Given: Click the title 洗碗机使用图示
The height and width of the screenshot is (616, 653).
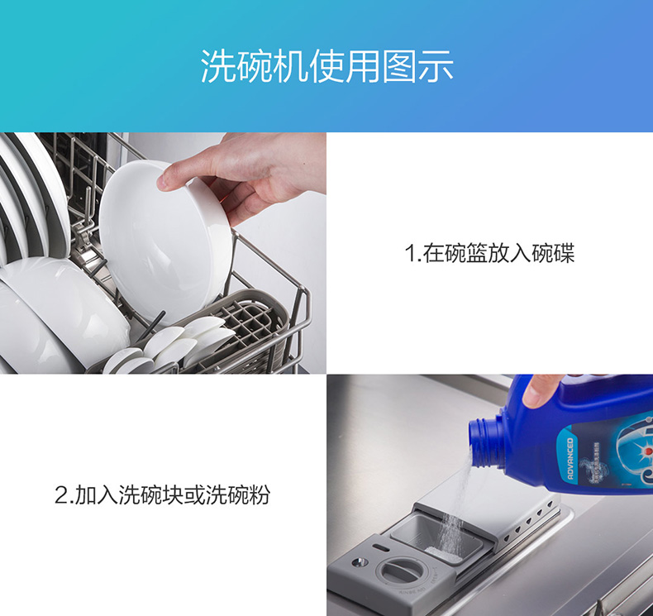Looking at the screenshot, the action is [327, 67].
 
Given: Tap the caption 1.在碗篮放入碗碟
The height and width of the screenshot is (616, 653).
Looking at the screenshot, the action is [489, 253].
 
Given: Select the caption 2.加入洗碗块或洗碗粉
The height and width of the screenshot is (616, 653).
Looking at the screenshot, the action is [163, 494].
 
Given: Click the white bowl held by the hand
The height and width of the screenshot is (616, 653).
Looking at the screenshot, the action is [164, 241].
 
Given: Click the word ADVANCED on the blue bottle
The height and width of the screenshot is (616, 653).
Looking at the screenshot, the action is [570, 458].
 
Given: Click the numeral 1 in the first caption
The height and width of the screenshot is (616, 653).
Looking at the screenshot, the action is [410, 254].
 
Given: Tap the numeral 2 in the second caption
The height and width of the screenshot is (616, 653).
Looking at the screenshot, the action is [61, 495].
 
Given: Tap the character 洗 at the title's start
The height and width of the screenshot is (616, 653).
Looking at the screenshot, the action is [218, 67].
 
